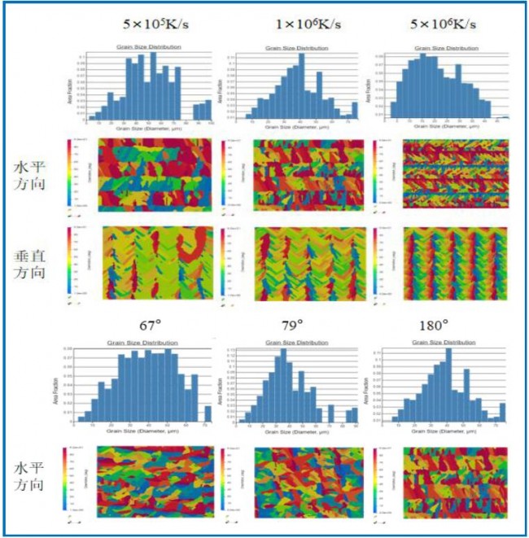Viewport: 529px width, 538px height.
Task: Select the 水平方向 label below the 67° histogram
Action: (29, 478)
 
